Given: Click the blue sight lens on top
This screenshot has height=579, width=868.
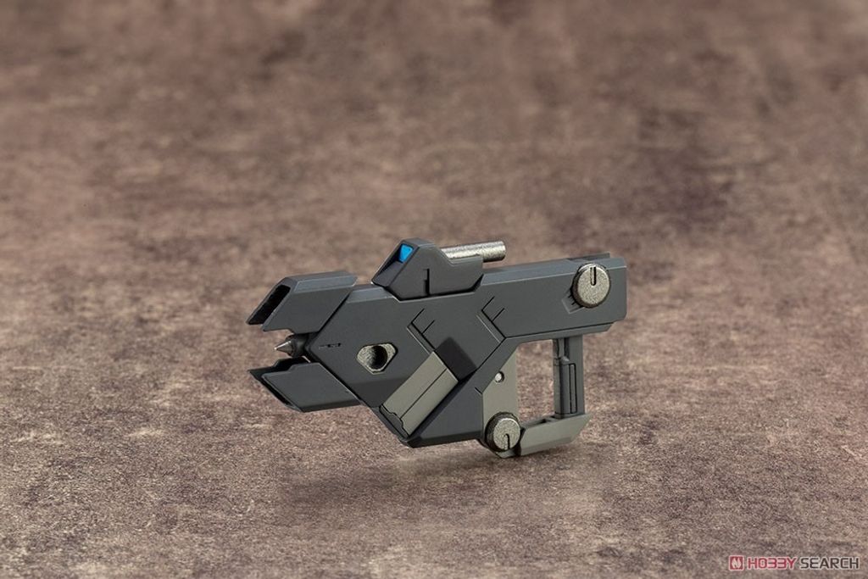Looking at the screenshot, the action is [405, 253].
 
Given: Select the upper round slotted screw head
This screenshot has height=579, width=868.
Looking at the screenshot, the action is [591, 286].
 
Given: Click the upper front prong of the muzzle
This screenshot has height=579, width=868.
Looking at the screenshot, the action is [302, 302].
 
